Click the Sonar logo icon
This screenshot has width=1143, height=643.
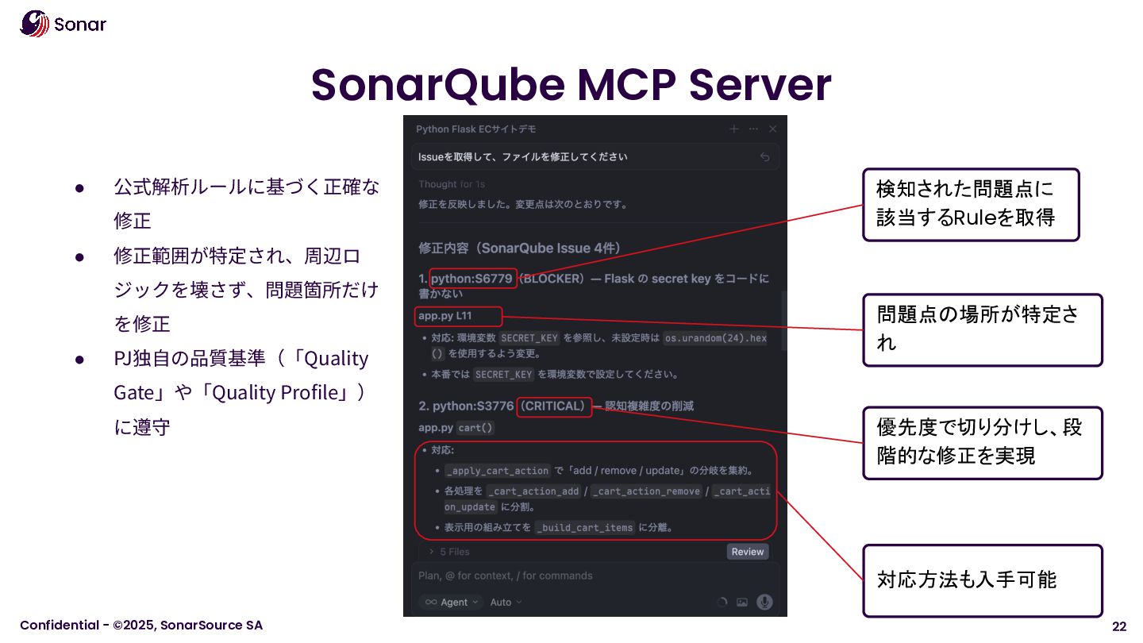34,24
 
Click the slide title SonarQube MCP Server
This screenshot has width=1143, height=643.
571,84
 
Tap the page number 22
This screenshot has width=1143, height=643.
1119,626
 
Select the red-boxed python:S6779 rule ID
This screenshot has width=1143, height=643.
472,279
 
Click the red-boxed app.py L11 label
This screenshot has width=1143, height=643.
457,316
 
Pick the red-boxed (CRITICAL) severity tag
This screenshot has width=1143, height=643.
554,406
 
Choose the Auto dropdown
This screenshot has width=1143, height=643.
506,602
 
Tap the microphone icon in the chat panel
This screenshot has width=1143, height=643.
764,602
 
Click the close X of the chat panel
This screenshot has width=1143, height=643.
772,129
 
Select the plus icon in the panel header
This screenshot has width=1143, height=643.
734,129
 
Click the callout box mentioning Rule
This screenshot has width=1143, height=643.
970,204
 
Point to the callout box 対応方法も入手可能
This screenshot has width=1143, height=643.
982,579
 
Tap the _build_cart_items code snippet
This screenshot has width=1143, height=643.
585,528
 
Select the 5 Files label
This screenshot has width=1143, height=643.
454,552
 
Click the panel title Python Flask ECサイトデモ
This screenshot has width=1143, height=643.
476,129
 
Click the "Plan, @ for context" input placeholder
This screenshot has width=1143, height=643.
506,576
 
